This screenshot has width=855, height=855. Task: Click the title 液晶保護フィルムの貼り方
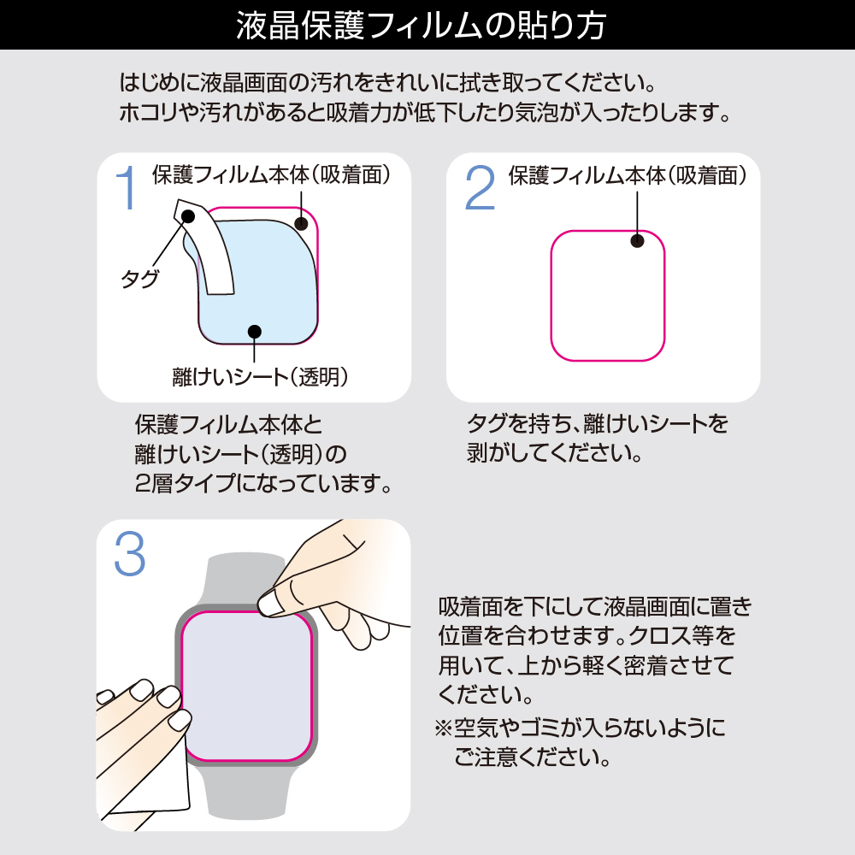(x=421, y=26)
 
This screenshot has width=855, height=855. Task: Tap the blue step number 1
(x=127, y=187)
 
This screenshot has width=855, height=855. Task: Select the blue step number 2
(x=480, y=187)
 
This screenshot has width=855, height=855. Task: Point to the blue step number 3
(x=130, y=554)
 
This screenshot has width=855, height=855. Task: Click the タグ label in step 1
(x=139, y=279)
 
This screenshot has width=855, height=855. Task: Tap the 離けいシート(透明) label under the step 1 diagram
(x=260, y=377)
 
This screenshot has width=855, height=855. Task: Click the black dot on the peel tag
(x=187, y=216)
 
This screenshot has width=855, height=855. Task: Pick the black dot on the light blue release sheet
(x=254, y=331)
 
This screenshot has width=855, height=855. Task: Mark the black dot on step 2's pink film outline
(x=637, y=240)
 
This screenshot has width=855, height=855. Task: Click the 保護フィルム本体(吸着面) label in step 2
(x=628, y=175)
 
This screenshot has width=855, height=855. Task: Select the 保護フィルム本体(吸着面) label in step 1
(x=271, y=174)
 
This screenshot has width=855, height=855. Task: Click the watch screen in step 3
(x=246, y=686)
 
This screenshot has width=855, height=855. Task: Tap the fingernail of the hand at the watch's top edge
(x=268, y=604)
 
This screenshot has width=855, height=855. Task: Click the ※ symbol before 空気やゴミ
(x=443, y=728)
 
